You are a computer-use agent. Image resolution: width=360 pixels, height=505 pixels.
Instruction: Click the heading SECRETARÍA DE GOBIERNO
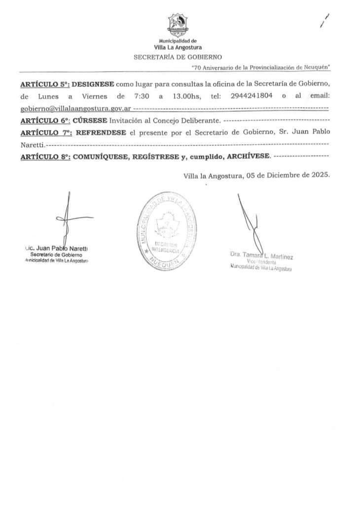coord(178,57)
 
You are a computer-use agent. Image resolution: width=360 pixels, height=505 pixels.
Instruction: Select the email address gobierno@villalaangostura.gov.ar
coord(75,108)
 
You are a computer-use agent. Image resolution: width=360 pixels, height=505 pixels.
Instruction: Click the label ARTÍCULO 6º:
coord(45,120)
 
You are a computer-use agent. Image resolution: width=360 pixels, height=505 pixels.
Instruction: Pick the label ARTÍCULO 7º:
coord(45,132)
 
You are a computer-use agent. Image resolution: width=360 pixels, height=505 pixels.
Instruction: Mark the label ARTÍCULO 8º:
coord(45,157)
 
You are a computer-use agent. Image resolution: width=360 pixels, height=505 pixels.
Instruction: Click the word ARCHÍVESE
coord(246,156)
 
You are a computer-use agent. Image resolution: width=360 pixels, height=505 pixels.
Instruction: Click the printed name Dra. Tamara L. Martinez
coord(261,255)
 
